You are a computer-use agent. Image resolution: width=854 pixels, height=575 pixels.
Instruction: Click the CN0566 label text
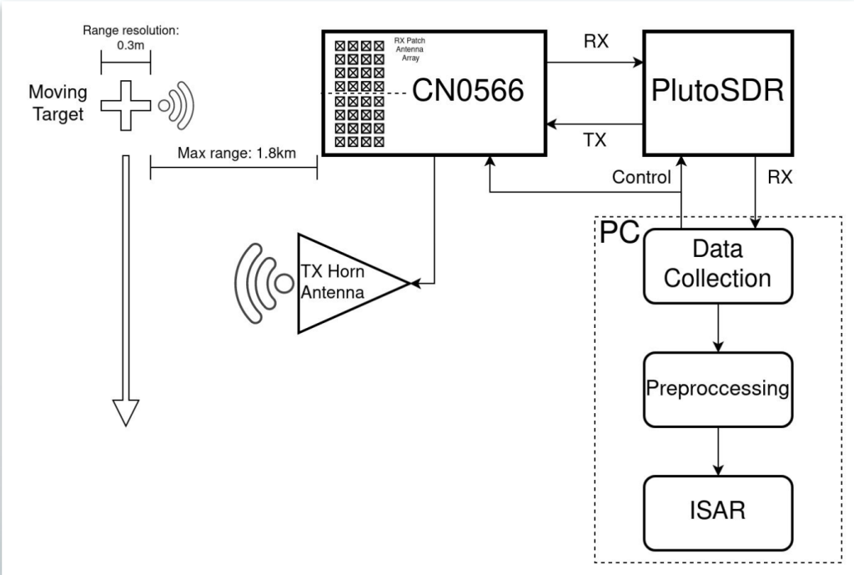[468, 90]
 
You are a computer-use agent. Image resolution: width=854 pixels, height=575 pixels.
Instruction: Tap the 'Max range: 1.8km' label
[237, 153]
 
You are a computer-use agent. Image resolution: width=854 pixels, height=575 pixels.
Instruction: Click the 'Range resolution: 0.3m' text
[131, 38]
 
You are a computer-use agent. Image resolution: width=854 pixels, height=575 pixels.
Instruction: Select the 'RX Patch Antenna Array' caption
[409, 49]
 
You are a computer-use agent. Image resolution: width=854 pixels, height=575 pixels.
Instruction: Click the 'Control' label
[641, 177]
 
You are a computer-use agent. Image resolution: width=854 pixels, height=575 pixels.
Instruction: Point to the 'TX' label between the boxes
[595, 140]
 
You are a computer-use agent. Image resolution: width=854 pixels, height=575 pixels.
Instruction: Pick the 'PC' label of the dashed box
[620, 232]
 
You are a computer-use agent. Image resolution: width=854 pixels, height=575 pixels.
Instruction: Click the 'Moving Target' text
[58, 103]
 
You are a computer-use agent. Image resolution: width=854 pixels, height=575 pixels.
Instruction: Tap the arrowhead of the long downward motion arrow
[126, 412]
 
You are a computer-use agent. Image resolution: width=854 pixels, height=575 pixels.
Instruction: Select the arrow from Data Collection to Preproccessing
[718, 328]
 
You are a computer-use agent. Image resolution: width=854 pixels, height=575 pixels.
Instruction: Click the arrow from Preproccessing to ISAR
[718, 451]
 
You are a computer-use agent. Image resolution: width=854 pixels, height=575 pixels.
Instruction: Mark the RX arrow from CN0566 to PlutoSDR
[595, 63]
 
